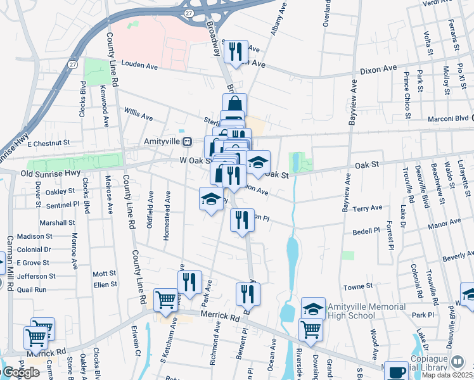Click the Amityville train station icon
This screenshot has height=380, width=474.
pos(187,141)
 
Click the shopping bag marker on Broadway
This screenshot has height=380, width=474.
pos(234,104)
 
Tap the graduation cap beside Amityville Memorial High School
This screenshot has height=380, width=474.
pos(313,308)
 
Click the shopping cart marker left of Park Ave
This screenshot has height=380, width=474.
pos(166,300)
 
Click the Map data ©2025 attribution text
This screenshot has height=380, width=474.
pos(447,375)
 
